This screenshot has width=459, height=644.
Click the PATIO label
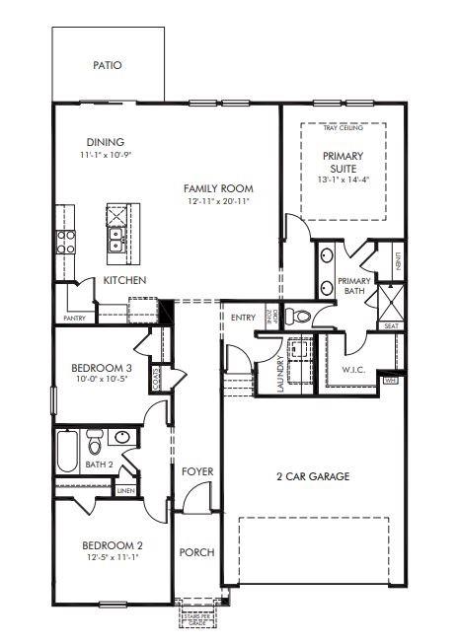coord(107,65)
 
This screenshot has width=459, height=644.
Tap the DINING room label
coord(104,141)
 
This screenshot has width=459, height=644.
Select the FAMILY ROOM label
coord(218,187)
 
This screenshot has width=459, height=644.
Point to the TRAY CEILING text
coord(342,127)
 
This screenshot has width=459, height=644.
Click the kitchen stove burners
coord(66,242)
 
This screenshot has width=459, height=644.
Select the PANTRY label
coord(74,318)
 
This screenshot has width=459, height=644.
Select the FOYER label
coord(197,472)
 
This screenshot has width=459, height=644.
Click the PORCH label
coord(197,552)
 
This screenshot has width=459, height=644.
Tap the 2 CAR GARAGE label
coord(312,476)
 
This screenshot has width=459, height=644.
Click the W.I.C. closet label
coord(354,371)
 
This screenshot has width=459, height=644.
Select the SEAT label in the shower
coord(391,325)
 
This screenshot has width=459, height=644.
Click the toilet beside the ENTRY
coord(303,316)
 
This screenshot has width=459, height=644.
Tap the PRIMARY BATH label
coord(353,286)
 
